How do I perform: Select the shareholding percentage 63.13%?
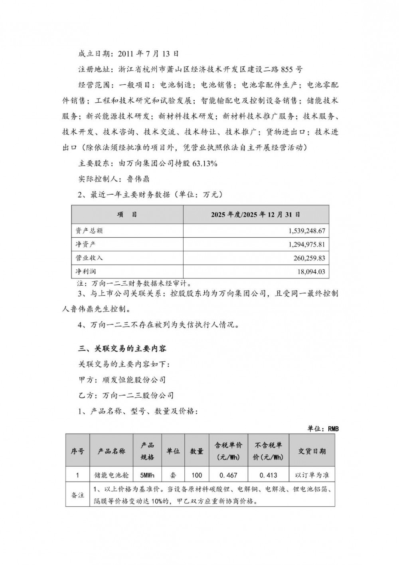tap(205, 163)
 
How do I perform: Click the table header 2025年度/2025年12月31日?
tap(256, 215)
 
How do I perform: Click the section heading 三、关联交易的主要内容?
tap(122, 348)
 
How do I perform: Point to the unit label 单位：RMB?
tap(323, 428)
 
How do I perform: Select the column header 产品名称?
tap(111, 451)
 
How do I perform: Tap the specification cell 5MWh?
tap(147, 475)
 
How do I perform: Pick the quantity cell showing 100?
tap(197, 475)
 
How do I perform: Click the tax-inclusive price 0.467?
tap(229, 475)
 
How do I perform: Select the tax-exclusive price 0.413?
tap(268, 475)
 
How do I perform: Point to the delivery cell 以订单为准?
tap(312, 475)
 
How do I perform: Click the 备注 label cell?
tap(78, 495)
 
